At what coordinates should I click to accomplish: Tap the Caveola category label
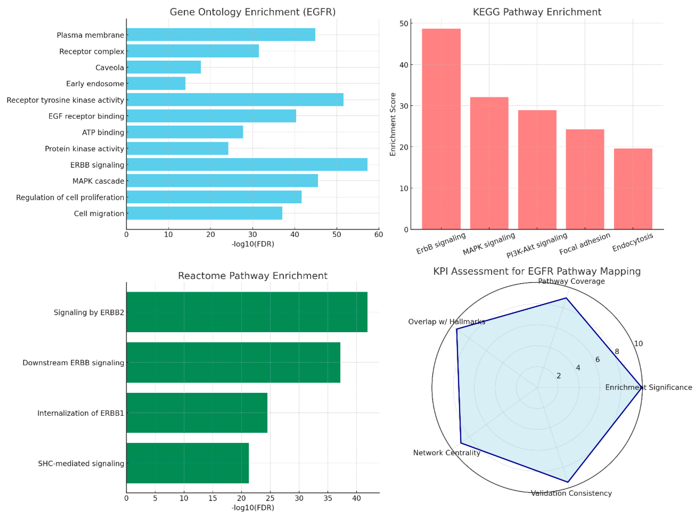(109, 67)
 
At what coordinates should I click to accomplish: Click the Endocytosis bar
(633, 189)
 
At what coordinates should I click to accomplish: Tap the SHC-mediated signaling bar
(187, 463)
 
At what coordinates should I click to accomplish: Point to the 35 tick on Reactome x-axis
(328, 498)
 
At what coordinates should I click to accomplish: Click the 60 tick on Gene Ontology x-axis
(379, 235)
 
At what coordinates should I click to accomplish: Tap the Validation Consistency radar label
(571, 493)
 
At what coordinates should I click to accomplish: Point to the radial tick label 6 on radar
(597, 359)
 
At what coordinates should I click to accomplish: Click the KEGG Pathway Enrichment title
(537, 12)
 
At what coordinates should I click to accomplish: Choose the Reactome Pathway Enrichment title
(253, 276)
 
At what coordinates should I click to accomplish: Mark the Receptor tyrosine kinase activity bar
(235, 100)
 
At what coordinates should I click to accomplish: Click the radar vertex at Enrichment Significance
(642, 387)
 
